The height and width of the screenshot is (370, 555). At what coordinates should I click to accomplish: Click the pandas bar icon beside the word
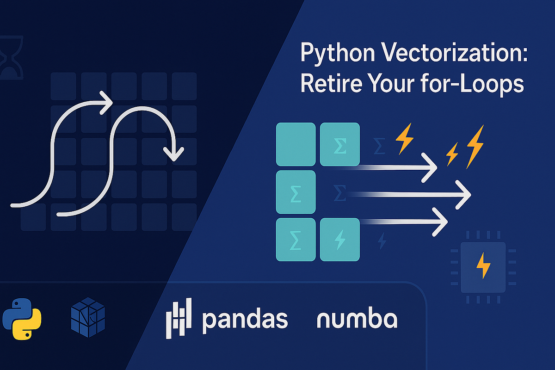[178, 319]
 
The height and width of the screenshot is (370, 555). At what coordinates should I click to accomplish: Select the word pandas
[245, 320]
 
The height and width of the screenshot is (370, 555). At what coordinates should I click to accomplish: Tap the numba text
[357, 319]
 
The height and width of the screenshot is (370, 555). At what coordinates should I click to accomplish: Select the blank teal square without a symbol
[296, 144]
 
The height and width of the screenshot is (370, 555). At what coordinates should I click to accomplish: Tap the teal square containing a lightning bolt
[340, 239]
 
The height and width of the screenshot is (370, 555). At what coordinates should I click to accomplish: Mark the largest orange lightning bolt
[475, 147]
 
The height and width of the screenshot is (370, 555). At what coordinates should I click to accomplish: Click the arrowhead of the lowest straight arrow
[441, 221]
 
